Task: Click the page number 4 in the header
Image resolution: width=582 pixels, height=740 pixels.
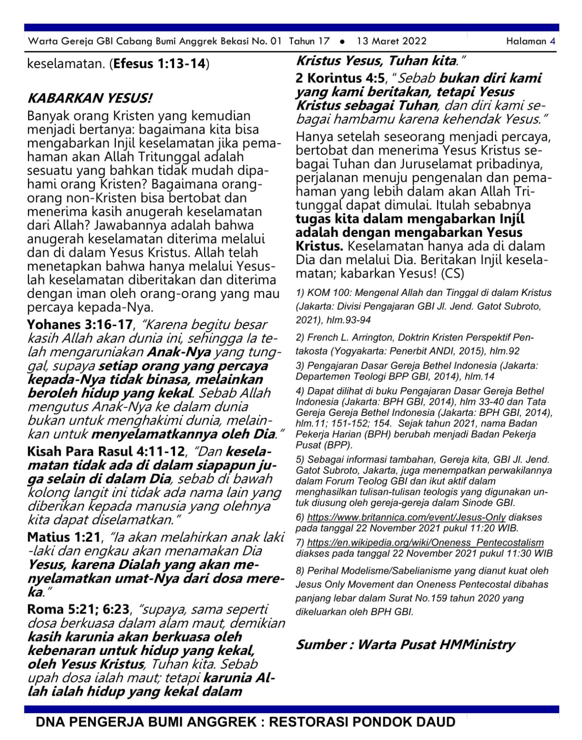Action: click(x=552, y=41)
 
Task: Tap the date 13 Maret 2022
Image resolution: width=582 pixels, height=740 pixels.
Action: click(x=391, y=41)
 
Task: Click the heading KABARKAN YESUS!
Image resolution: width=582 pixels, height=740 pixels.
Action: click(x=90, y=98)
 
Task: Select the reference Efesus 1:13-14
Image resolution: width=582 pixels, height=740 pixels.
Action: click(x=160, y=64)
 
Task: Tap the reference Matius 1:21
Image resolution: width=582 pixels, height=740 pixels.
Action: click(x=64, y=537)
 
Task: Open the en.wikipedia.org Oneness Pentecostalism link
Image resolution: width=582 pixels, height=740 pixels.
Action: click(x=425, y=542)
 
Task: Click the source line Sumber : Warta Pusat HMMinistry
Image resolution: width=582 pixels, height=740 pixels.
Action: click(x=405, y=645)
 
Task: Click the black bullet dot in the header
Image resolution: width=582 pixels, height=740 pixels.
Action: click(x=342, y=41)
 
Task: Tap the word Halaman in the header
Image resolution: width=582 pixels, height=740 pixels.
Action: click(x=526, y=41)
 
